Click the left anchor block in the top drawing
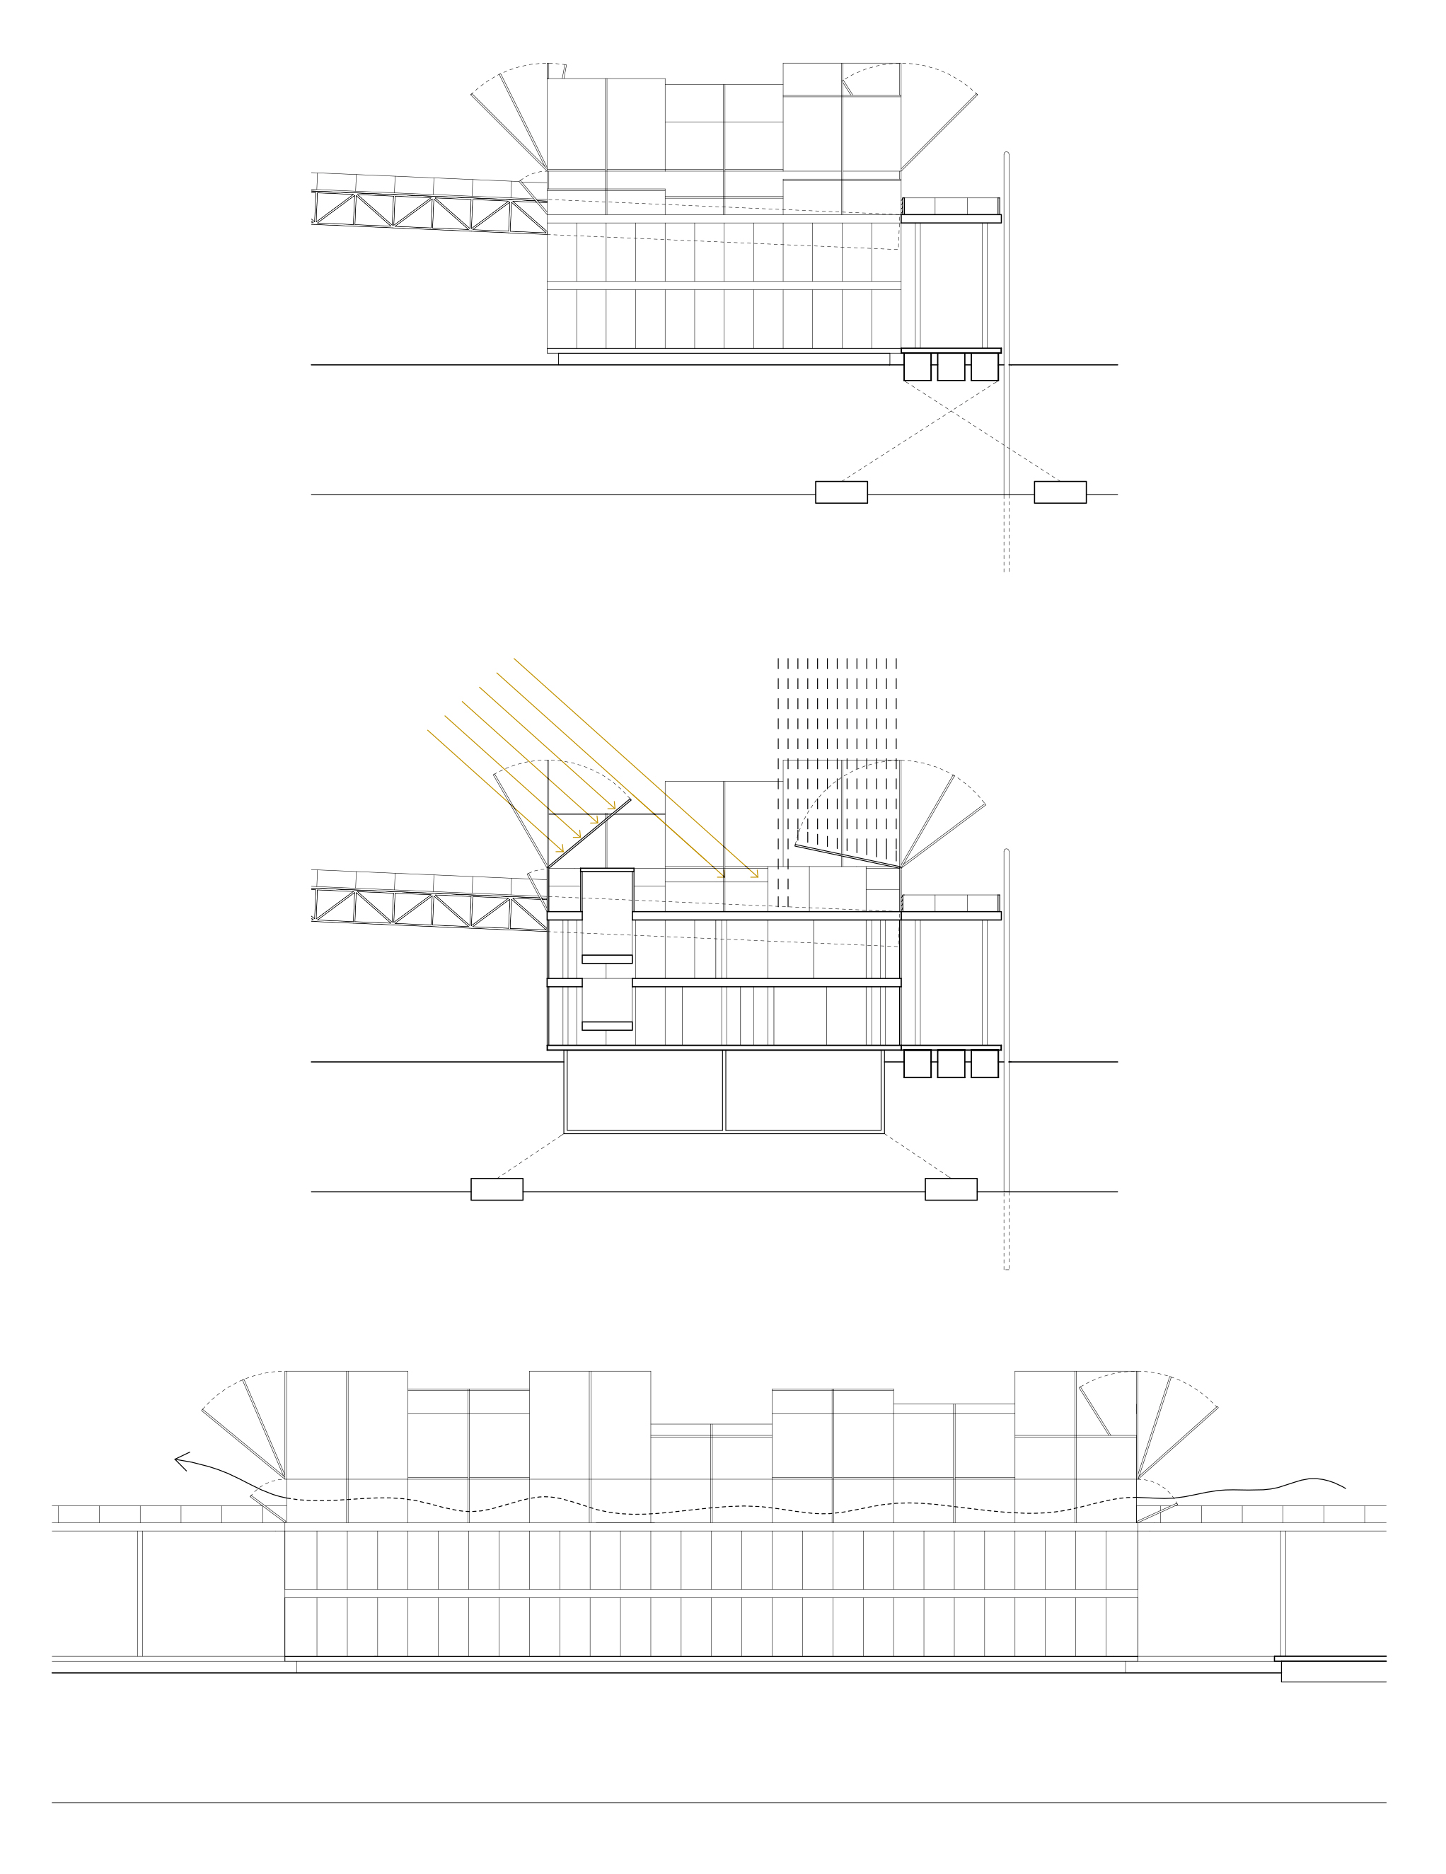840,492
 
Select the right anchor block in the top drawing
1059,492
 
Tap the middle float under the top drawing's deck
950,366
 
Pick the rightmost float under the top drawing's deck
984,366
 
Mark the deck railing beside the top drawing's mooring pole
951,206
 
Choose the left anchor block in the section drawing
496,1188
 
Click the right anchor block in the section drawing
950,1188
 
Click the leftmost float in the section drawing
917,1064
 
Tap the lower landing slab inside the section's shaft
607,1025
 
